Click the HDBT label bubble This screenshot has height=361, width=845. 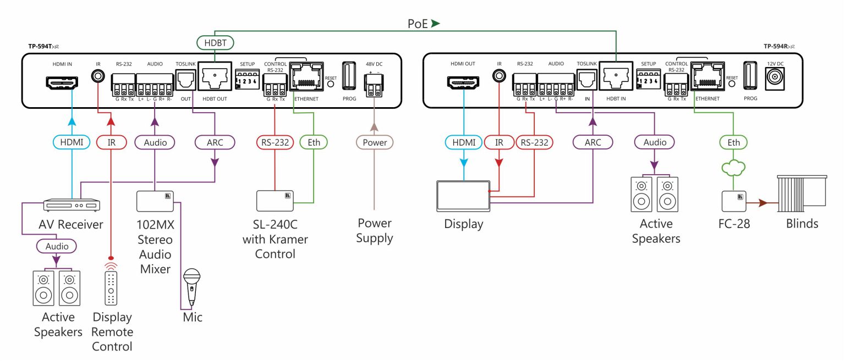point(215,42)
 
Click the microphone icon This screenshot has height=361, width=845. point(191,286)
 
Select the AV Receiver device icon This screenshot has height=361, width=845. point(72,205)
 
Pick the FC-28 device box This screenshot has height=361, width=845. point(733,202)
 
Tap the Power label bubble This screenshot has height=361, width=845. point(374,142)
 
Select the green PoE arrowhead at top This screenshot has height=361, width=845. point(436,24)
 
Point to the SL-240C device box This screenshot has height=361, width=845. point(275,201)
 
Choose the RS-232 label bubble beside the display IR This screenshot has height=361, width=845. point(534,142)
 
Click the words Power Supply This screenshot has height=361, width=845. point(374,231)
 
